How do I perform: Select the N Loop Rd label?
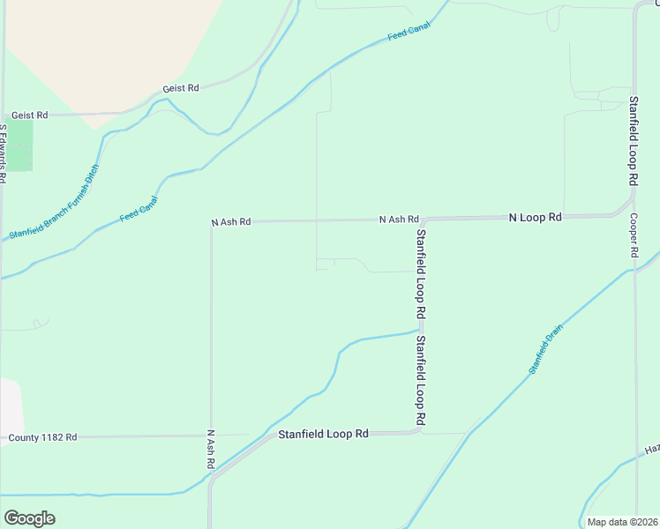(535, 216)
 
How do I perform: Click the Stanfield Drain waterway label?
(545, 349)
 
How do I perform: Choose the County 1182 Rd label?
(42, 437)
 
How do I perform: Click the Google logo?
(29, 518)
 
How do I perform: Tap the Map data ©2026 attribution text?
(622, 522)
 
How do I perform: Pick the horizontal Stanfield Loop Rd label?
(323, 434)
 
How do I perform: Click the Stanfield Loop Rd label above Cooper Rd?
(633, 140)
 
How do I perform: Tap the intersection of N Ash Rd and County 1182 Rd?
(211, 436)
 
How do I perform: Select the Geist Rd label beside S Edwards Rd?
(29, 115)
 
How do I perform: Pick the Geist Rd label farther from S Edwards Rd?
(181, 89)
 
